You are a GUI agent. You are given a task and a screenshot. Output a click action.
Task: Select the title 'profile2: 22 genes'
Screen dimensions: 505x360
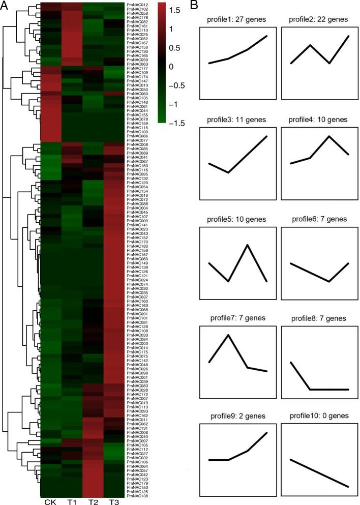[316, 19]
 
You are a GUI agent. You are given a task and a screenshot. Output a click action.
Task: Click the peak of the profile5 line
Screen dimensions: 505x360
[248, 245]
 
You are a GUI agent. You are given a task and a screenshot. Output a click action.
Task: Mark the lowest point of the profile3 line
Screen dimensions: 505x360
[228, 172]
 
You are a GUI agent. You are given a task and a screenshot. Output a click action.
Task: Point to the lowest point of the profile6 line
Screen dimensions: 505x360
[329, 281]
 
